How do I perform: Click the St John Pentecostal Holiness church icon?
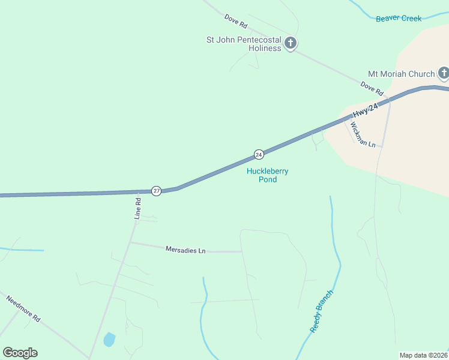point(291,43)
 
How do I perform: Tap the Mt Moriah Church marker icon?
point(444,74)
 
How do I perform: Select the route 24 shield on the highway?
point(259,154)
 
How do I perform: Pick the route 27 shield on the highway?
point(156,191)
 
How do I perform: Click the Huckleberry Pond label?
point(268,175)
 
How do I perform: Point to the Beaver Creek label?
point(399,19)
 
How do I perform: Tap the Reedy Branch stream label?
point(321,311)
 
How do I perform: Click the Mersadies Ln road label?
point(185,250)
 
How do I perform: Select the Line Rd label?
point(137,208)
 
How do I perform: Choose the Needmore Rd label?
point(23,309)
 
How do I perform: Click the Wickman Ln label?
point(363,136)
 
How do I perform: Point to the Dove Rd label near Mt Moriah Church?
point(372,89)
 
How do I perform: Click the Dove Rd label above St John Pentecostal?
point(236,22)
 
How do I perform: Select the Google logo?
point(20,353)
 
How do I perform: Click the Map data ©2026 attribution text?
point(424,355)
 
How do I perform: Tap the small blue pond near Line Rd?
point(109,340)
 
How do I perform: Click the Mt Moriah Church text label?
point(401,74)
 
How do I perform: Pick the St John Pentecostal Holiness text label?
point(244,44)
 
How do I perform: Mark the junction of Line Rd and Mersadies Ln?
point(131,242)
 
